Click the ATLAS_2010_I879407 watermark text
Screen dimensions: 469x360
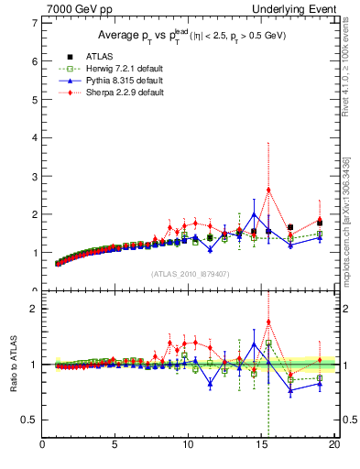190,273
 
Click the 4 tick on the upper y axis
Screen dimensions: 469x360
34,137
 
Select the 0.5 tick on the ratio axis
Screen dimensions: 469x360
29,420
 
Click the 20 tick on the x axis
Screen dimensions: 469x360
333,446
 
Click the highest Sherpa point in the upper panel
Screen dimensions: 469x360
268,190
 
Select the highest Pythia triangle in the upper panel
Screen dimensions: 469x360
254,214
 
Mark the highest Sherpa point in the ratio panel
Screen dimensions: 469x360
268,322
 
